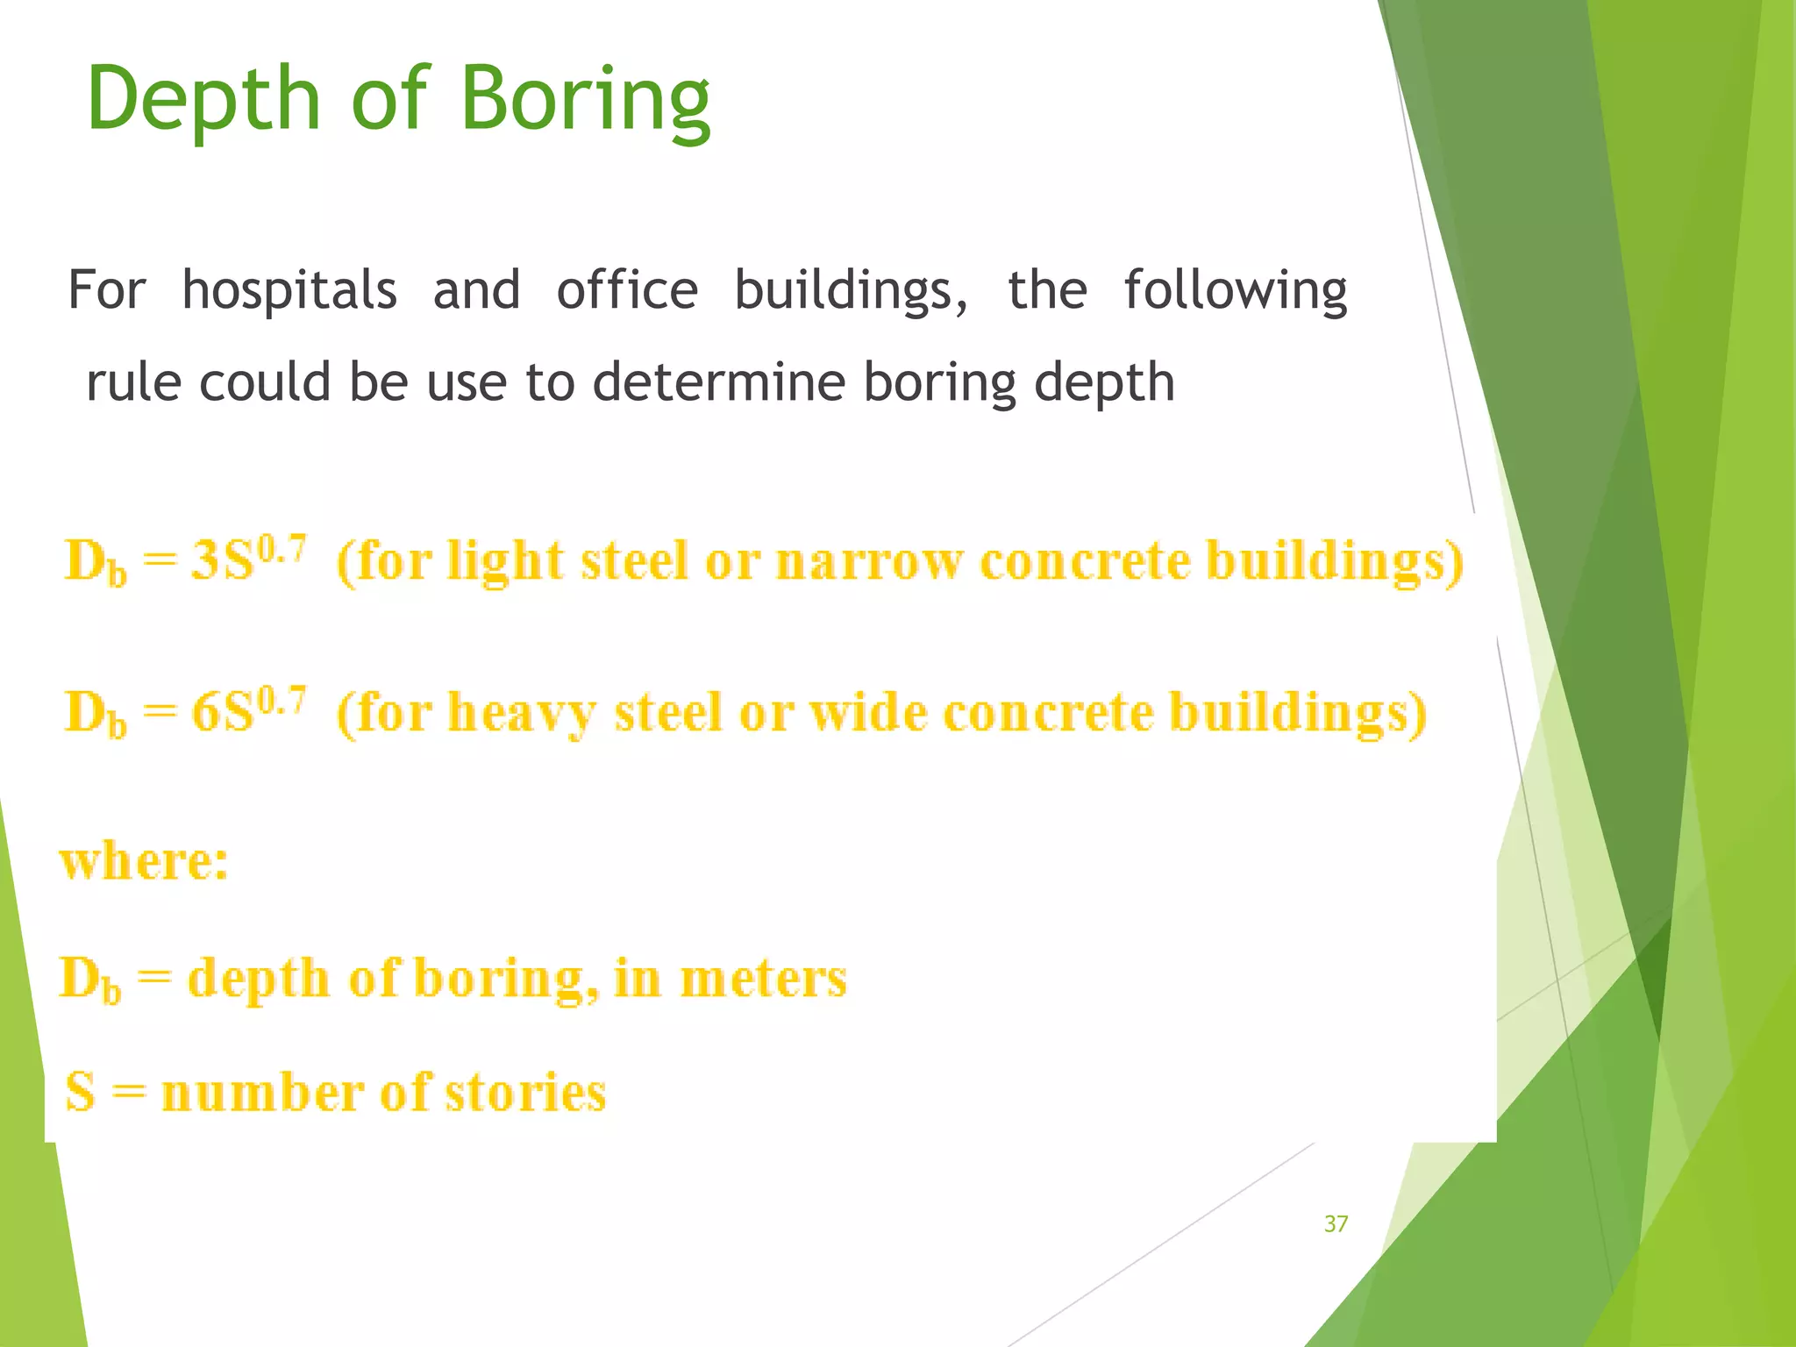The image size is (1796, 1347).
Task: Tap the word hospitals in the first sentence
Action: (289, 290)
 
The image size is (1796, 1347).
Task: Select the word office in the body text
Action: (627, 290)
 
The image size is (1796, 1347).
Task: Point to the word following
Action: (1235, 292)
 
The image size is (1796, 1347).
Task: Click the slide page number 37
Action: (1336, 1224)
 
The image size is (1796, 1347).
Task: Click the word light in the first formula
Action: (505, 561)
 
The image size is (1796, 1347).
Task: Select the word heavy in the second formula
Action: (522, 712)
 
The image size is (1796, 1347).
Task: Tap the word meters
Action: (763, 979)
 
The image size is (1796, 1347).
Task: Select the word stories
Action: (525, 1093)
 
